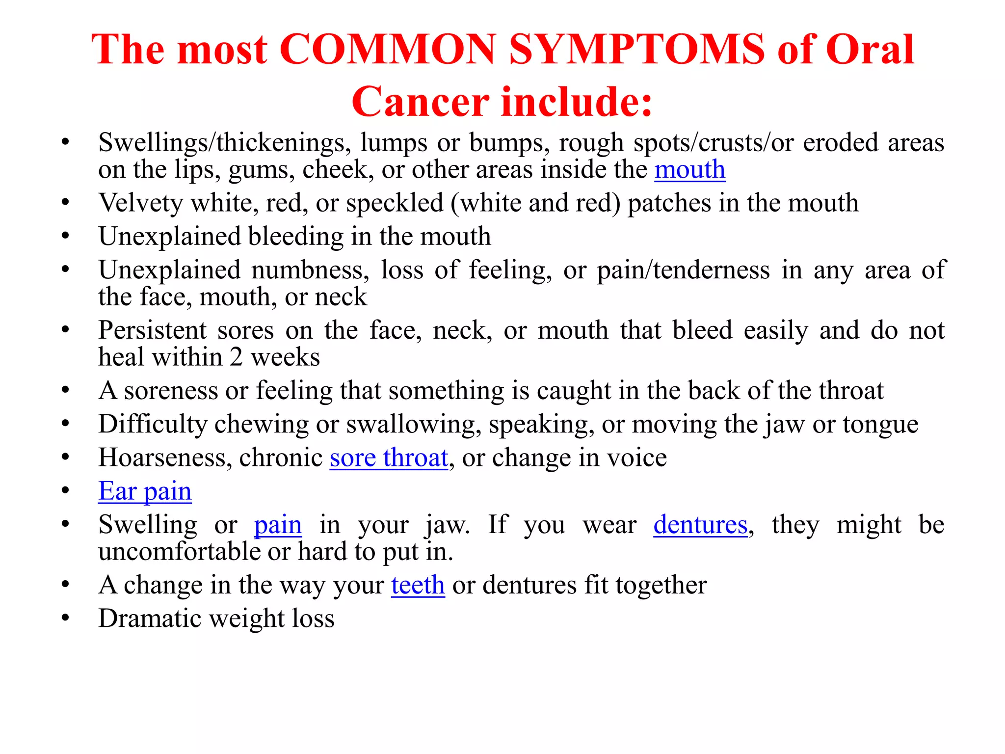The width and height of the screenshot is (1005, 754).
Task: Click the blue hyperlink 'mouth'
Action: [689, 170]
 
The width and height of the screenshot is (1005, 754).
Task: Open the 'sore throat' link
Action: [389, 458]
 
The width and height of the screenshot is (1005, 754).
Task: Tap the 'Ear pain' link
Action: [145, 491]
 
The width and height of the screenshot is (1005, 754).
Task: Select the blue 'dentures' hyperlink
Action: [700, 525]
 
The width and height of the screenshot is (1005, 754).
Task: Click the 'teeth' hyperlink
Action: [418, 585]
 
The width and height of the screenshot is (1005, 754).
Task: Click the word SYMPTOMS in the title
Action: [636, 50]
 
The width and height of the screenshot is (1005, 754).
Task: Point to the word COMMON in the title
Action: [387, 50]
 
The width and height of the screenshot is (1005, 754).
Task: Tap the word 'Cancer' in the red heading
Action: [420, 102]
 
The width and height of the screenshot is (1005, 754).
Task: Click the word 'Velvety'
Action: [140, 203]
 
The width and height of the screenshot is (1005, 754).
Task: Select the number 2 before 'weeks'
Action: [236, 357]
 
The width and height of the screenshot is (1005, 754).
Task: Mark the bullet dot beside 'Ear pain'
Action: [65, 491]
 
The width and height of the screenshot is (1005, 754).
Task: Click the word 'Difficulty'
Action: [153, 424]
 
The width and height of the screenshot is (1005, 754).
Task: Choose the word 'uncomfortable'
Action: [179, 552]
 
